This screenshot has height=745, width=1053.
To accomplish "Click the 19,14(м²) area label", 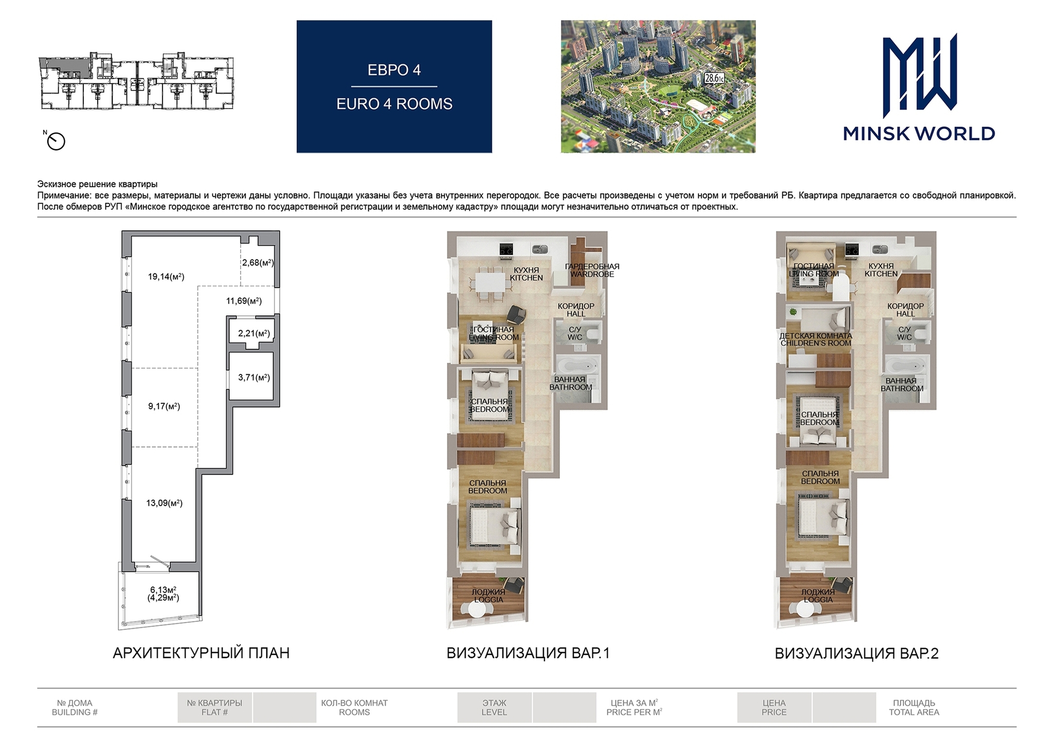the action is pyautogui.click(x=166, y=277).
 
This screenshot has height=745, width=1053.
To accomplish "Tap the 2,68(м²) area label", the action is pyautogui.click(x=258, y=262).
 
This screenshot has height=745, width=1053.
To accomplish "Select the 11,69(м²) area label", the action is pyautogui.click(x=244, y=301).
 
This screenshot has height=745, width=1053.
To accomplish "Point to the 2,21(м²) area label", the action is pyautogui.click(x=254, y=333).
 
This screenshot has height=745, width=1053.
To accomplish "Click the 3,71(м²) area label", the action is pyautogui.click(x=254, y=378).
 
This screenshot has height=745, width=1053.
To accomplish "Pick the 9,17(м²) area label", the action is pyautogui.click(x=164, y=406).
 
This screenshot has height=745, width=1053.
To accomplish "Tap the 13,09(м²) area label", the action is pyautogui.click(x=165, y=503).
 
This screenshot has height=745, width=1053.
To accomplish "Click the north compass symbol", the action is pyautogui.click(x=56, y=141).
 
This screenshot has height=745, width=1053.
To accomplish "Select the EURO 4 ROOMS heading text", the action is pyautogui.click(x=394, y=104).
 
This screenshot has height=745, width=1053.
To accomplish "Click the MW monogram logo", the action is pyautogui.click(x=920, y=76).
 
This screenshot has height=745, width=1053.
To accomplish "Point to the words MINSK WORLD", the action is pyautogui.click(x=919, y=134).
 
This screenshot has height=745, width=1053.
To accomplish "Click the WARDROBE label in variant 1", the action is pyautogui.click(x=592, y=275).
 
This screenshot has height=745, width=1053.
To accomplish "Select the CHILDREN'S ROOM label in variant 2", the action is pyautogui.click(x=816, y=343).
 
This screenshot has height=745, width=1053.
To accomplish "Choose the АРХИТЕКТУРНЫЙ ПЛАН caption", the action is pyautogui.click(x=201, y=653).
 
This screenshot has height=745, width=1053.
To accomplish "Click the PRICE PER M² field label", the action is pyautogui.click(x=634, y=713).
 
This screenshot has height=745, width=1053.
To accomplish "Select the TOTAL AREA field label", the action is pyautogui.click(x=914, y=713).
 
